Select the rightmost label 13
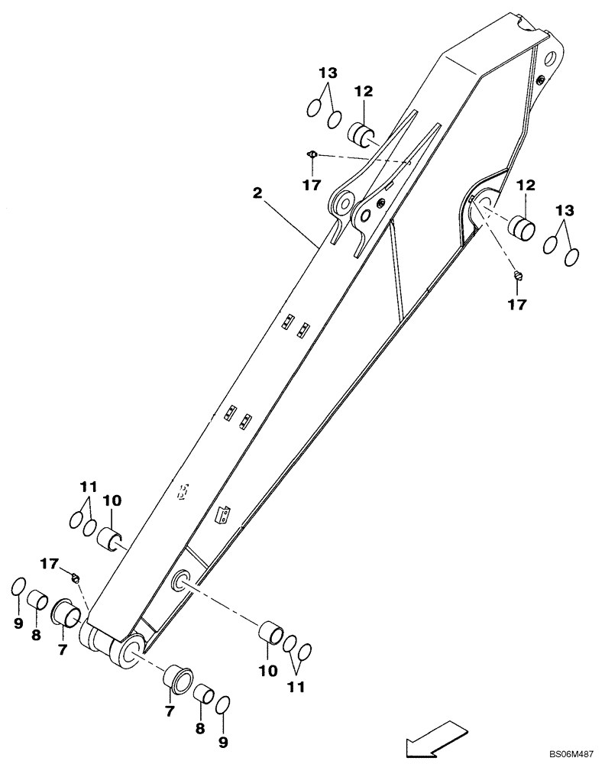(x=564, y=210)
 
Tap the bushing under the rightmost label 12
(x=521, y=227)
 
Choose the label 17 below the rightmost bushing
(x=517, y=304)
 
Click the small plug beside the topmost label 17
(x=312, y=154)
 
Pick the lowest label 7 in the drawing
(x=170, y=711)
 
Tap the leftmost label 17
(x=49, y=564)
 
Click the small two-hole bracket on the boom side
(x=223, y=516)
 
